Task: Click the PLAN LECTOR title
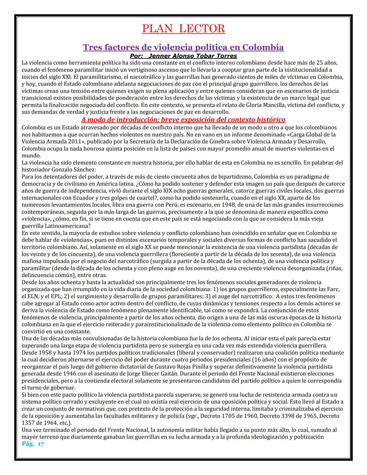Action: tap(183, 29)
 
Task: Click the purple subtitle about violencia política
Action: tap(183, 47)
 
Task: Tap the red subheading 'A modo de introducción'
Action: tap(183, 120)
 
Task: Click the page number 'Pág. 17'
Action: tap(33, 444)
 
